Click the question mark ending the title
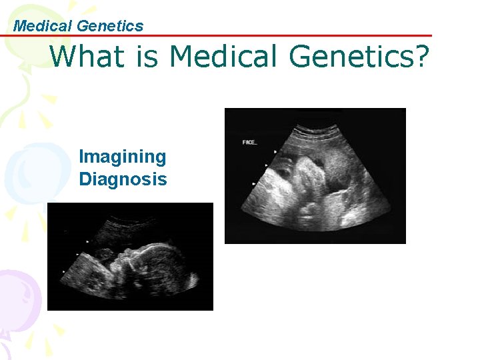coord(421,57)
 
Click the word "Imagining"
coord(122,157)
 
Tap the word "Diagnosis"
coord(123,179)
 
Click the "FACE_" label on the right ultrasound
coord(250,143)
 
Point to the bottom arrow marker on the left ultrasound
coord(63,271)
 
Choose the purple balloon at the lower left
coord(17,300)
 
